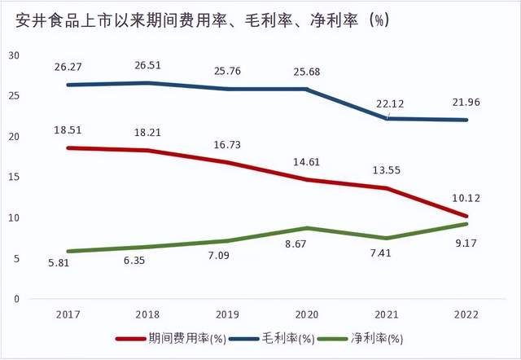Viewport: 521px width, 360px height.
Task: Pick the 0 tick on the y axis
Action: tap(15, 299)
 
